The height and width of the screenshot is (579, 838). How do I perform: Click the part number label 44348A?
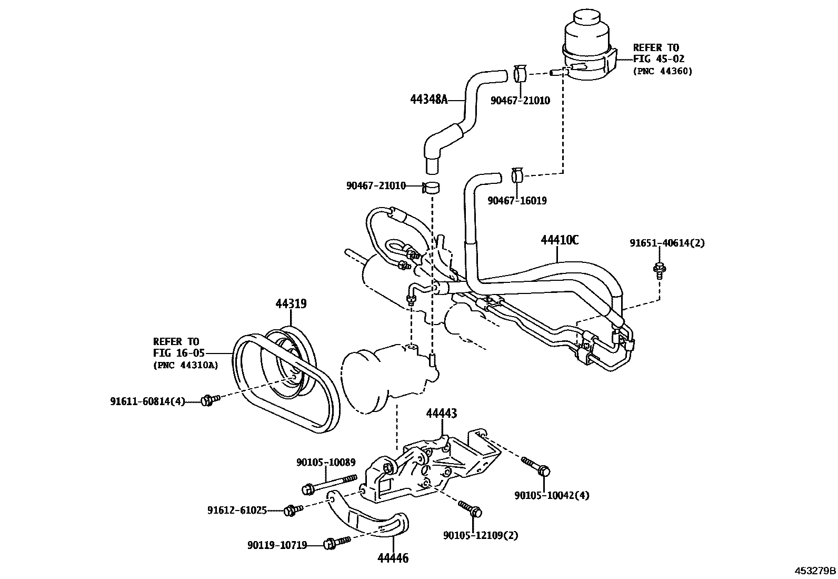point(428,99)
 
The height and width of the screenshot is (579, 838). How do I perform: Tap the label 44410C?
point(560,240)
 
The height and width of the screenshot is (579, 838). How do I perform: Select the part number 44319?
point(291,303)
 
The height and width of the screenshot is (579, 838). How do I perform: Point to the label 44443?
point(441,414)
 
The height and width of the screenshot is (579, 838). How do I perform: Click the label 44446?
point(393,557)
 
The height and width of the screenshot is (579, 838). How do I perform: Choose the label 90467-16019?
point(517,201)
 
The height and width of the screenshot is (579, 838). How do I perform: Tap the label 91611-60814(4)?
point(147,401)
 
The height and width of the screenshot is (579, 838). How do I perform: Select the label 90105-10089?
point(325,462)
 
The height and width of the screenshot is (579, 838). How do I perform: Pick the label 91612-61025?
point(237,510)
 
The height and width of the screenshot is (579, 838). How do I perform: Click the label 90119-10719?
point(277,545)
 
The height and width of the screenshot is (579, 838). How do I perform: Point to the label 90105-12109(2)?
point(481,535)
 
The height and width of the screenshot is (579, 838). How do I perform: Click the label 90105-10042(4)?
point(552,495)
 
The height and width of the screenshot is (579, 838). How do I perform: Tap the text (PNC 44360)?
point(663,71)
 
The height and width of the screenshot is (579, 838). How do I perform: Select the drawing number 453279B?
point(815,571)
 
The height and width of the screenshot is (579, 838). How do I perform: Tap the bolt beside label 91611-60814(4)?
point(208,401)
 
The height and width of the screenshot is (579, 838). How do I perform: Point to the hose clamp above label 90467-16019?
point(517,175)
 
